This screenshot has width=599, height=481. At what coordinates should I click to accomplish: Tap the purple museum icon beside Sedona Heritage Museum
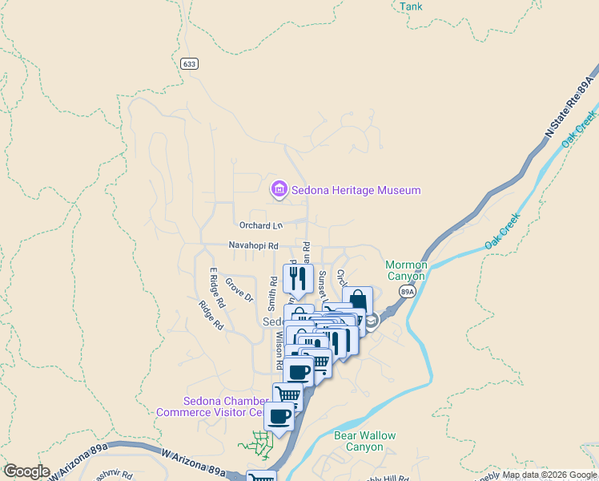point(279,189)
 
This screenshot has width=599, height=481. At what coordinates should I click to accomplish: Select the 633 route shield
point(189,63)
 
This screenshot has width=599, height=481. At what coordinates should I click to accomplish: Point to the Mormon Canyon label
point(406,270)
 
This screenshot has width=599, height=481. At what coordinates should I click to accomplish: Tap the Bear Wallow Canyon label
point(364,442)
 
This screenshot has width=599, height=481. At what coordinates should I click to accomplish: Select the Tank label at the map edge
point(411,6)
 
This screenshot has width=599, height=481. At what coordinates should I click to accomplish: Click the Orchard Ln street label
point(261,225)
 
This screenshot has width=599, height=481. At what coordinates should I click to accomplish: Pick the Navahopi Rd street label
point(253,245)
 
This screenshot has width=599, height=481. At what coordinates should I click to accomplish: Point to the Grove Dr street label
point(239,289)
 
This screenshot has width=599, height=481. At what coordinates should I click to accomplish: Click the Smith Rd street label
point(273,294)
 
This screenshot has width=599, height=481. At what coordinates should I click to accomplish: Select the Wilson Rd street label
point(279,350)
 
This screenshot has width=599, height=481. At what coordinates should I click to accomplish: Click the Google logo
point(26,471)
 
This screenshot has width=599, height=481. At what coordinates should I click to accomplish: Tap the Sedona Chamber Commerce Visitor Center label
point(210,406)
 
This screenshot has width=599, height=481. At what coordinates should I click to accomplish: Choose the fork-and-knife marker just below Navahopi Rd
point(298,279)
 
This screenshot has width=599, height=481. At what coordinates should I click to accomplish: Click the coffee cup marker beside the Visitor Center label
point(279,416)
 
